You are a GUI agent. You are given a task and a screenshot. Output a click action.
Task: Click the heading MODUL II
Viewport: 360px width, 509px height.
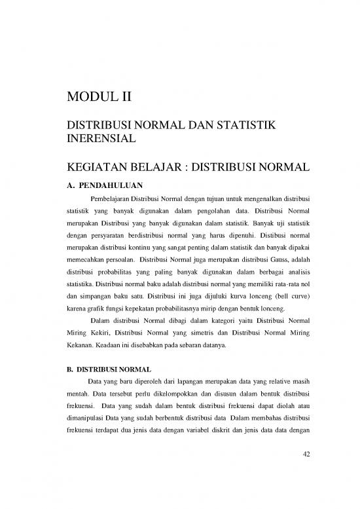click(99, 98)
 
